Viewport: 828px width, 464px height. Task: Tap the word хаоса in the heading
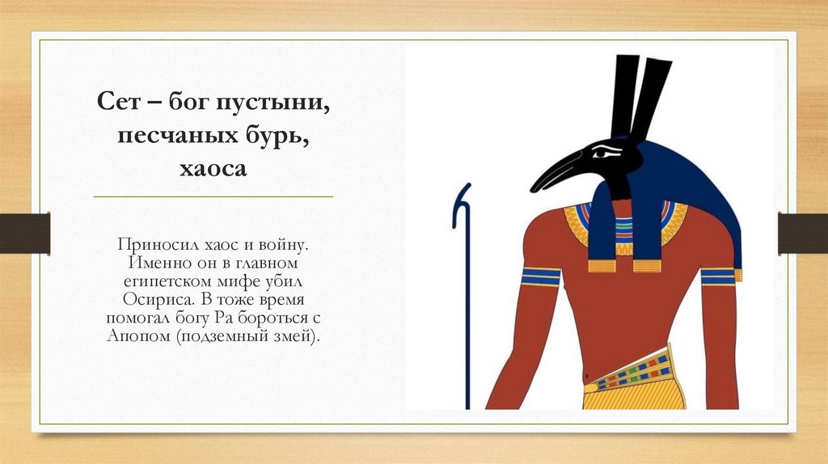213,171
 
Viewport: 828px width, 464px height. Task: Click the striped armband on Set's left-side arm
541,276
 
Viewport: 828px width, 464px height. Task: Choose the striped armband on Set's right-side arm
717,276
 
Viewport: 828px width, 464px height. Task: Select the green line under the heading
213,196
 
